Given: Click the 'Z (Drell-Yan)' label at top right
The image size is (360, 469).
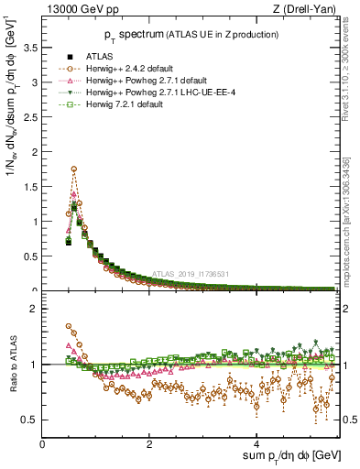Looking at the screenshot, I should pyautogui.click(x=309, y=9).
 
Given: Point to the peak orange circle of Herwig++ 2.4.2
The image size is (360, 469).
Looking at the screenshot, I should pyautogui.click(x=73, y=169).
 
